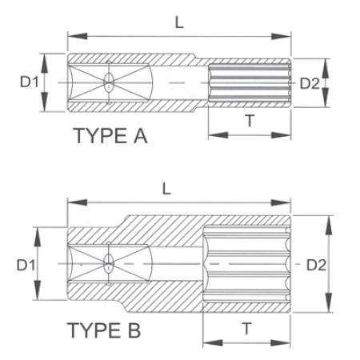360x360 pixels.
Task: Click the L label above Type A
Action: point(179,22)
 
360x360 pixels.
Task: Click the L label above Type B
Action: point(166,189)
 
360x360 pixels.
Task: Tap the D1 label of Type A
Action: point(30,82)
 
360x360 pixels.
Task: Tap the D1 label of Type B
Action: point(26,265)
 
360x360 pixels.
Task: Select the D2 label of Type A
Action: point(310,84)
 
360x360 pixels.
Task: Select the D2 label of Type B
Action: point(316,265)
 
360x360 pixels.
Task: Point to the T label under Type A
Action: point(250,121)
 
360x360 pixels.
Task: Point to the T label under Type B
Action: point(247,329)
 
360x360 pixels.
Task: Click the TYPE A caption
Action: point(110,136)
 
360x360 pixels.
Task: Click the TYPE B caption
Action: point(104,330)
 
